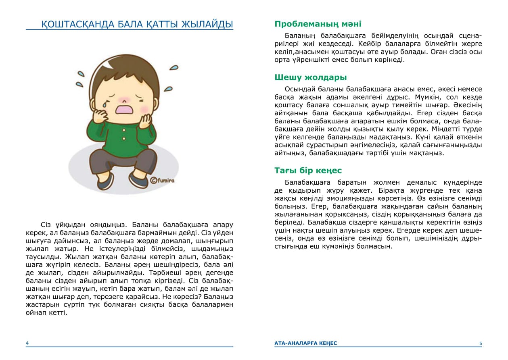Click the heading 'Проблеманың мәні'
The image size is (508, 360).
(x=318, y=24)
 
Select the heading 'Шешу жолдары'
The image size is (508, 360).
(x=311, y=77)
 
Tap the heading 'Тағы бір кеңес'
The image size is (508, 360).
(x=308, y=170)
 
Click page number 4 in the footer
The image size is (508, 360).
(x=27, y=343)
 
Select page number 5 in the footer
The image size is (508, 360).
(x=481, y=343)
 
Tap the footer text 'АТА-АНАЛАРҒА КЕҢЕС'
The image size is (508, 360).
(x=305, y=343)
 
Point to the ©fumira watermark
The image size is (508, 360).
(x=162, y=181)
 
